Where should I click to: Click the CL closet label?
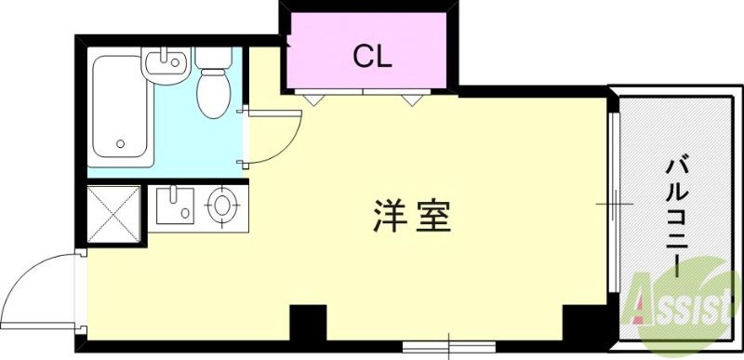coord(372,55)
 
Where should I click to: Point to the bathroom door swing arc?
coord(275,138)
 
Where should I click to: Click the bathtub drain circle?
coord(121,144)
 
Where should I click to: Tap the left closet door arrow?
coord(312,97)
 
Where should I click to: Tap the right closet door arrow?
coord(410,97)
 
